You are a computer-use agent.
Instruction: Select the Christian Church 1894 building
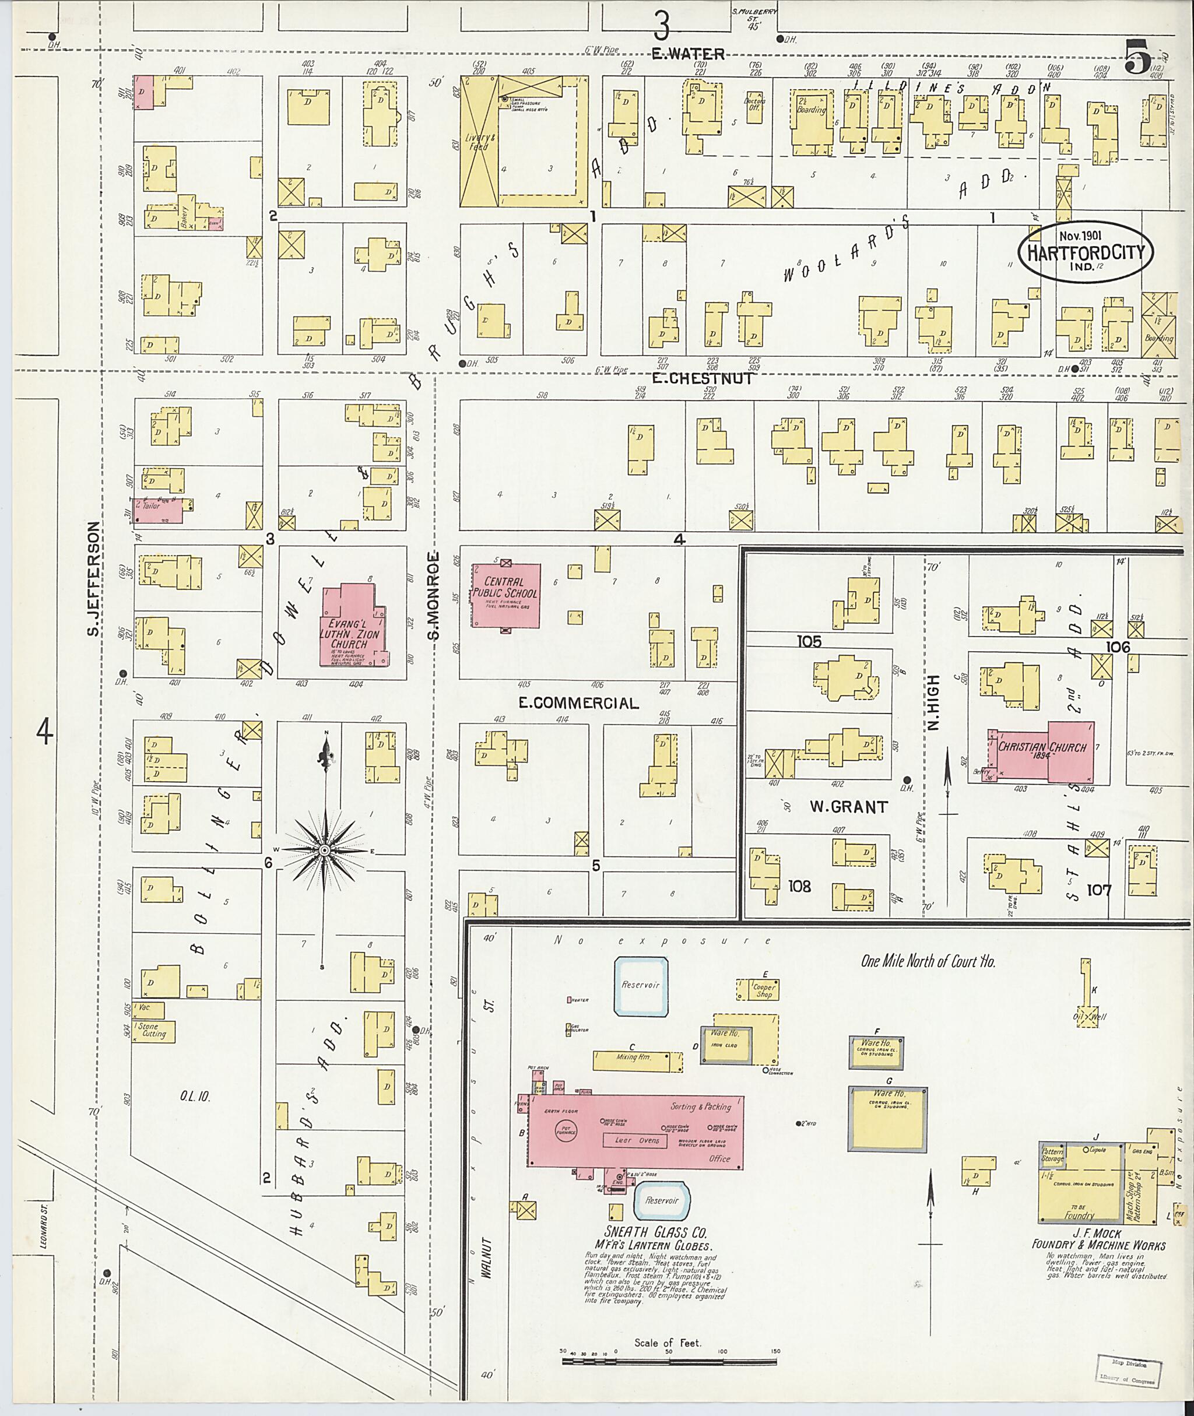[x=1042, y=751]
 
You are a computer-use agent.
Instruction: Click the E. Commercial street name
[x=579, y=702]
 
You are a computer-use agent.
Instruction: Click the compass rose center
[x=324, y=849]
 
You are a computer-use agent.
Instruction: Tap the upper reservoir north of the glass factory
[x=640, y=986]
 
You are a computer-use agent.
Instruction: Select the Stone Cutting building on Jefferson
[x=154, y=1031]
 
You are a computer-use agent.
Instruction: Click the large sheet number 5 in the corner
[x=1139, y=56]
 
